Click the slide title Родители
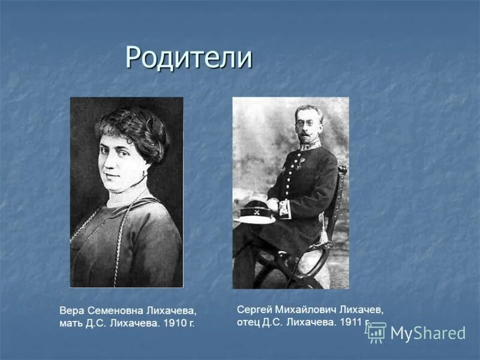pos(188,58)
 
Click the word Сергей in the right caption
pos(253,309)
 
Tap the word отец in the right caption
pos(250,322)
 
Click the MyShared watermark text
pos(428,334)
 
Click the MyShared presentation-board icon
pos(376,333)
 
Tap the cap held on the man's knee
pos(254,211)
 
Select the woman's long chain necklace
pos(120,234)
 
